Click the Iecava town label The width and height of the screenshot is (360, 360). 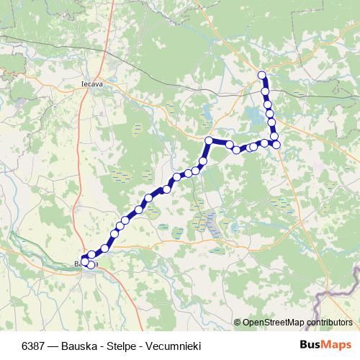tap(90, 82)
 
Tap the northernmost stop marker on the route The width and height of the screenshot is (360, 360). tap(262, 75)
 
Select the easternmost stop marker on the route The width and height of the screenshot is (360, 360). tap(276, 145)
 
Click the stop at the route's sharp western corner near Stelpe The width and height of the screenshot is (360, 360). tap(209, 140)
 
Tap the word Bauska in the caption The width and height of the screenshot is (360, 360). tap(72, 344)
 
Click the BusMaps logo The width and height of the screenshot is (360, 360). tap(326, 343)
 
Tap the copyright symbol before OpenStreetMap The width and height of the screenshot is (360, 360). tap(237, 322)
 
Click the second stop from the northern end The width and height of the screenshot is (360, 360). tap(265, 91)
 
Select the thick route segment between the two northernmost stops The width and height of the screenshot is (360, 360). tap(264, 83)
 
